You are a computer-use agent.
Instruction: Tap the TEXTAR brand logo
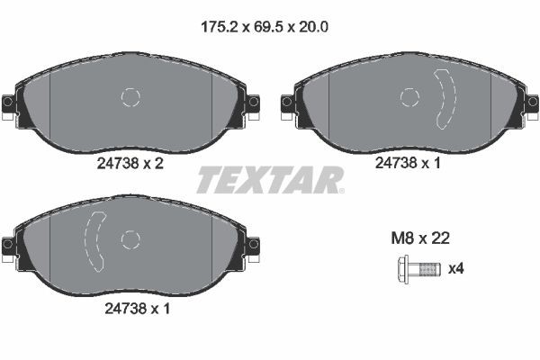269,179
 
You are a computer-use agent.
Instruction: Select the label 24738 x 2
130,166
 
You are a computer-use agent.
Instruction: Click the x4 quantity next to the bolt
456,268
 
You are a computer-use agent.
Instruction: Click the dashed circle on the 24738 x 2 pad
131,97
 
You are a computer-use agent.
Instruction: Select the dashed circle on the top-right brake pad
409,97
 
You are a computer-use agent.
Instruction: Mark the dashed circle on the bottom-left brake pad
130,239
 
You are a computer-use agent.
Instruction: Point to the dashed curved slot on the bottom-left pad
94,239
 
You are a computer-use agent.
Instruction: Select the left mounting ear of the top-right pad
288,102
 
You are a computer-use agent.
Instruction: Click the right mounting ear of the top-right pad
531,102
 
